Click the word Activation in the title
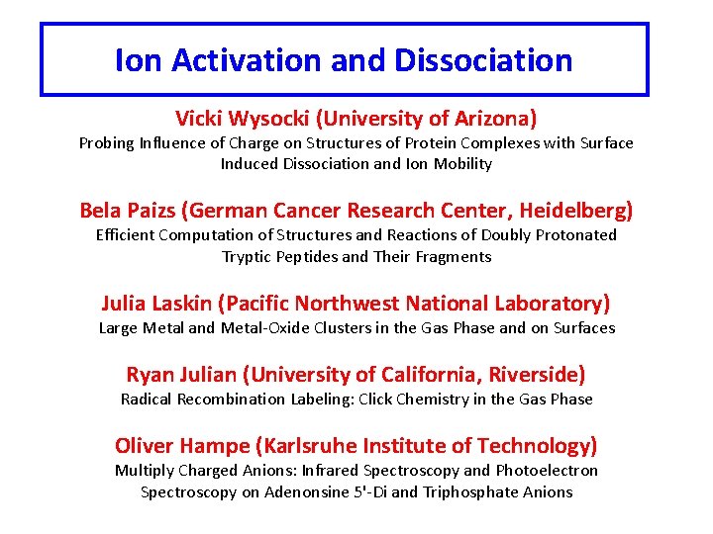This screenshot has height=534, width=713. (247, 60)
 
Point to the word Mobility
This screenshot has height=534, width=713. (461, 164)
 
